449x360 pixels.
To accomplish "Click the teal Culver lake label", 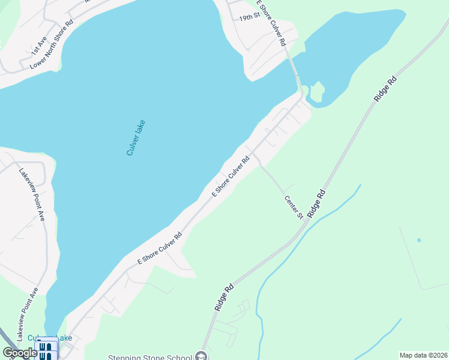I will coord(136,138).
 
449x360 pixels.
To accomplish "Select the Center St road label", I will coord(293,206).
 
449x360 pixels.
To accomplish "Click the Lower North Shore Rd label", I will coord(51,44).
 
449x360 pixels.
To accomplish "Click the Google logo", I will coord(20,353).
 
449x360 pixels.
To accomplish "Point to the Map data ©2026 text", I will coord(423,355).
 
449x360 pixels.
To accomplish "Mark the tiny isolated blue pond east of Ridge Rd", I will coord(419,241).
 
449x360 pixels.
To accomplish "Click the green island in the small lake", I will coord(316,91).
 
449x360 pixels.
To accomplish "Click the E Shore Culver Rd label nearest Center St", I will coord(231,178).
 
